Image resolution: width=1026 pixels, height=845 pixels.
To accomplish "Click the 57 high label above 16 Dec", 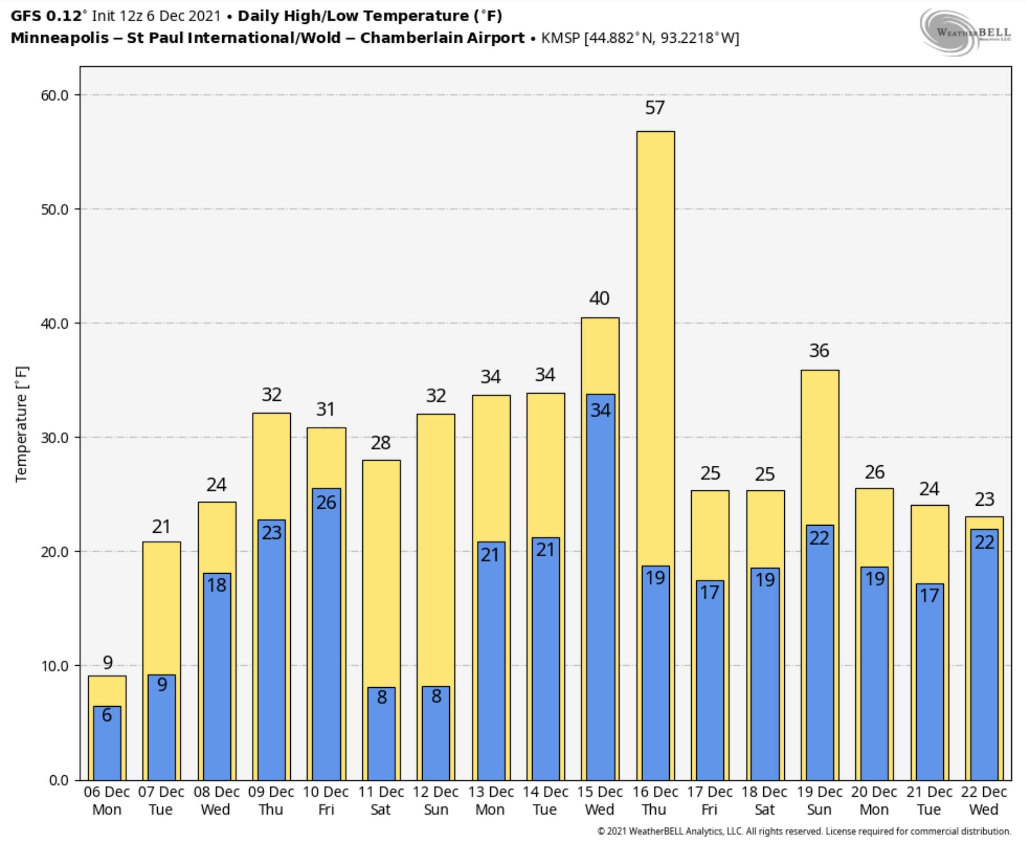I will click(x=655, y=107).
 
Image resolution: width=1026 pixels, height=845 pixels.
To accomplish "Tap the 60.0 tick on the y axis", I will click(x=55, y=96).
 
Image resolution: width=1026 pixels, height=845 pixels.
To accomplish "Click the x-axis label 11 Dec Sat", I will click(x=381, y=800).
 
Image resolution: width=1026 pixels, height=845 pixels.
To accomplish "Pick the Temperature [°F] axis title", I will click(x=22, y=423).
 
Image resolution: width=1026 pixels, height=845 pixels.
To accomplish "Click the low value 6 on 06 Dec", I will click(x=106, y=715).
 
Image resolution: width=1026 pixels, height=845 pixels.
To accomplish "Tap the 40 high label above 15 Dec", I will click(x=599, y=298).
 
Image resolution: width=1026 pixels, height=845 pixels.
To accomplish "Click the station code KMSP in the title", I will click(x=560, y=38).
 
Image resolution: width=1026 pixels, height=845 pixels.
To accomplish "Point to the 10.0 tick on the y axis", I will click(x=55, y=666).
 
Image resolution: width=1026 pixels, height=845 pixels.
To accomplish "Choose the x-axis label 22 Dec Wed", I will click(x=984, y=800).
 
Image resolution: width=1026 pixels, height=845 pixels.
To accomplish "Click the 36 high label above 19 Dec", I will click(x=819, y=350).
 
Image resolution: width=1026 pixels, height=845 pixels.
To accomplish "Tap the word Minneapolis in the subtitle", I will click(x=59, y=38).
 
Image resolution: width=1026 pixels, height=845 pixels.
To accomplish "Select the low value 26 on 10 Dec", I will click(x=326, y=502).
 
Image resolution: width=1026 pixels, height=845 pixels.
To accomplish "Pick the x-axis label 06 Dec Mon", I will click(x=106, y=800).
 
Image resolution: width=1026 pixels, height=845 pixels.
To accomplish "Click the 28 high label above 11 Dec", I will click(x=380, y=443).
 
